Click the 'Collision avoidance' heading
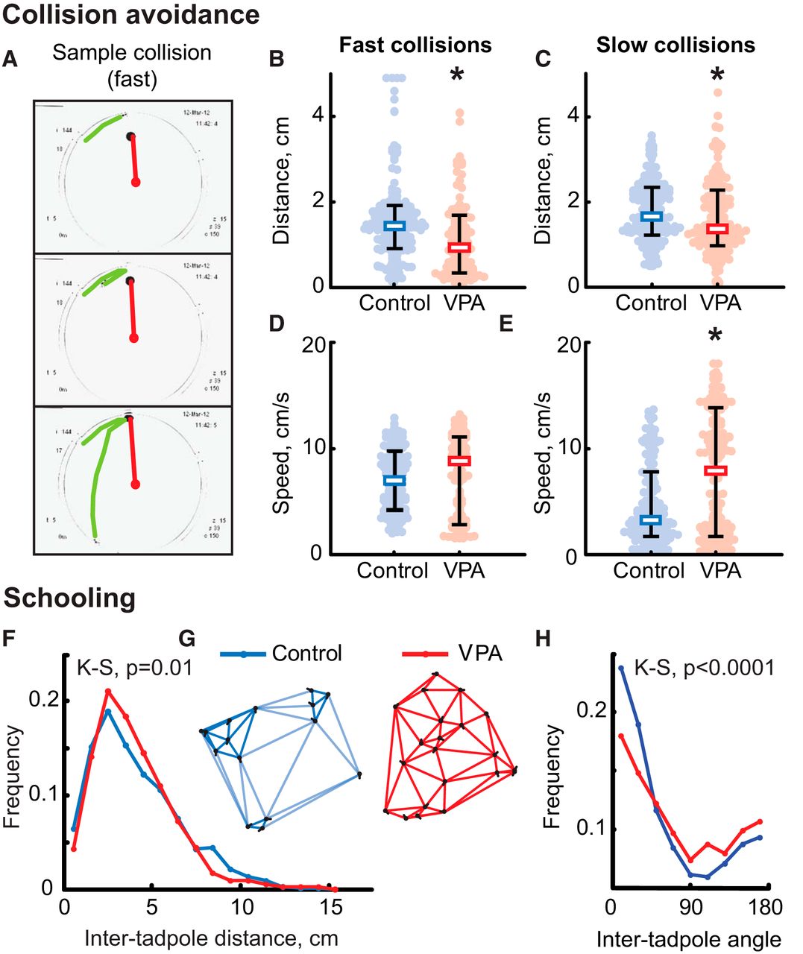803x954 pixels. [131, 15]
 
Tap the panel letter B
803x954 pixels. [276, 59]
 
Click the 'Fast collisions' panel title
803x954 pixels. [415, 45]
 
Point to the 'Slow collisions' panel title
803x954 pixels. [675, 45]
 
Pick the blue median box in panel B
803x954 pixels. [394, 226]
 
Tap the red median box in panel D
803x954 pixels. [459, 461]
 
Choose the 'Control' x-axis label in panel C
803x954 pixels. [651, 303]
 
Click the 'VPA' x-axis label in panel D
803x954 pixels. [464, 571]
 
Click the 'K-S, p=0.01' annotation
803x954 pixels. [135, 667]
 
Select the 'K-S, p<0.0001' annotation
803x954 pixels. [704, 667]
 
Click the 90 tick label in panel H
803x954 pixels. [692, 908]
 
